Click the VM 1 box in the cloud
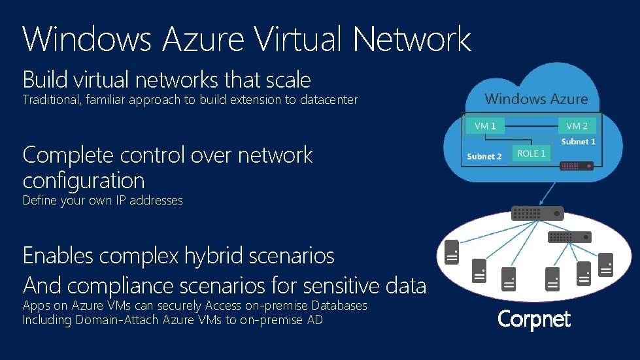click(484, 126)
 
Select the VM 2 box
click(577, 126)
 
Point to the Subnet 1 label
click(578, 141)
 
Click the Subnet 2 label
click(484, 156)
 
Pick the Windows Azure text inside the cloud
click(536, 99)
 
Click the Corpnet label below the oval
click(533, 319)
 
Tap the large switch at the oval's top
click(537, 213)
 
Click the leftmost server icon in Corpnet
click(451, 252)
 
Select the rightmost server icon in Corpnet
click(607, 264)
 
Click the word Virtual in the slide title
click(298, 39)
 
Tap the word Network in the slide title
click(411, 39)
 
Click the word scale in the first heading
click(288, 80)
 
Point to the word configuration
click(84, 180)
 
